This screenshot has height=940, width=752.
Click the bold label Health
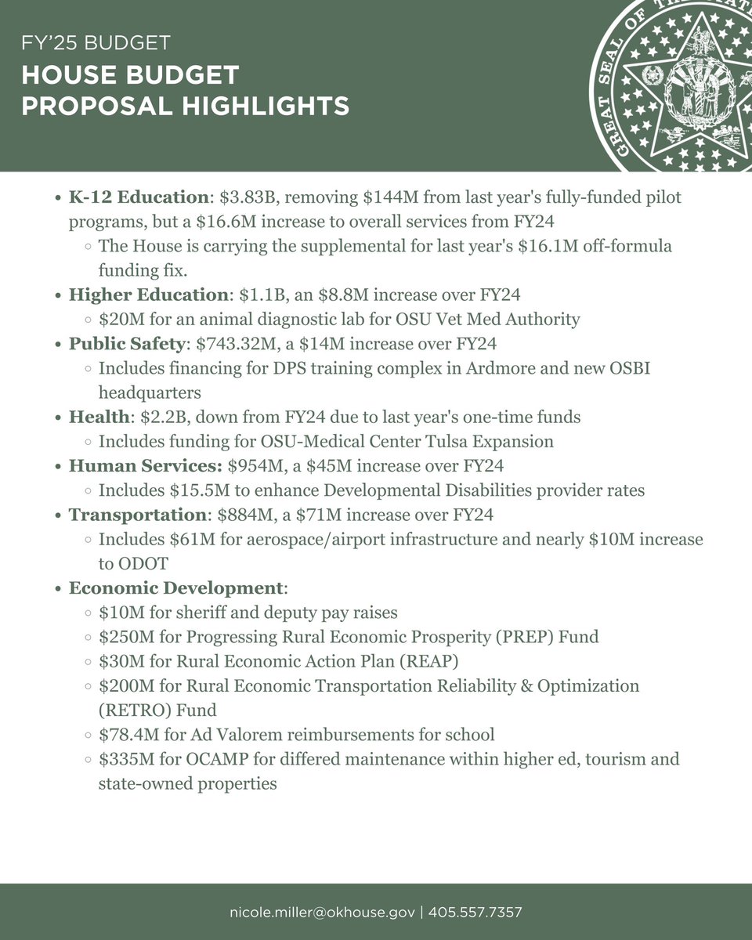tap(93, 418)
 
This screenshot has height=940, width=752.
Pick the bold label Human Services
tap(146, 466)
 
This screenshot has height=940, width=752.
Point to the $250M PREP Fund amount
tap(122, 636)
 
